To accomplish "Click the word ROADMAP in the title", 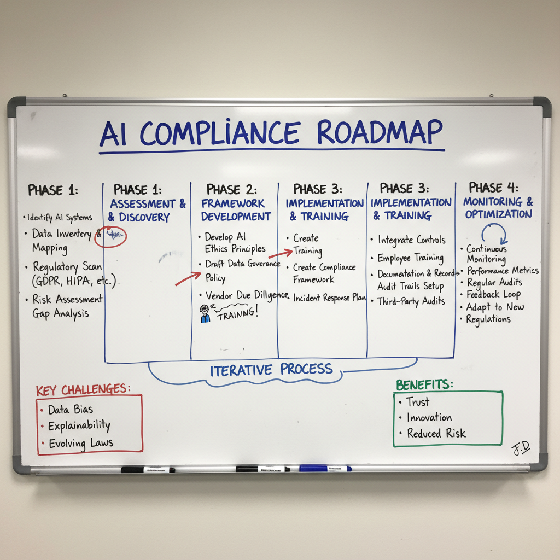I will click(380, 132).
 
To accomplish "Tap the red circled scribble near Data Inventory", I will click(112, 236).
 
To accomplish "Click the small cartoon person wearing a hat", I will click(205, 313).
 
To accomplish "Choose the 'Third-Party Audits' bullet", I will click(411, 301).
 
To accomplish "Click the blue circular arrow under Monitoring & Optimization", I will click(495, 234).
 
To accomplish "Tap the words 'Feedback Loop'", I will click(493, 294).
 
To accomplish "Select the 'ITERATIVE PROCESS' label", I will click(271, 370).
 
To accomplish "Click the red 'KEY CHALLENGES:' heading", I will click(83, 389).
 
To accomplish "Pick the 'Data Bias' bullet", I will click(70, 410).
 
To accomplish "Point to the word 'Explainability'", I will click(79, 426).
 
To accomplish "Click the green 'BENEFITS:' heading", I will click(424, 384).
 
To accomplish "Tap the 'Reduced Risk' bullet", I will click(436, 433).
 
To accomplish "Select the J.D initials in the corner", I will click(521, 448).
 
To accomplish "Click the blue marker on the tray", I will click(325, 468).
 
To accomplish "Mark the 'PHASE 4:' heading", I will click(493, 188).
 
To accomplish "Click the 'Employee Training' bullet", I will click(410, 258).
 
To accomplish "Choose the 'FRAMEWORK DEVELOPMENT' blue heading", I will click(236, 210).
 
